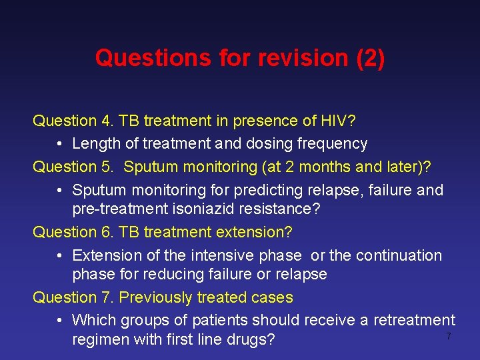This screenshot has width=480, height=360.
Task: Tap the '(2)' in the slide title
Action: pos(371,58)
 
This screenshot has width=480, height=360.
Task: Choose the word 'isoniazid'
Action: pos(201,209)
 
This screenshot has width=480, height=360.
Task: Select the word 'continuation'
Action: pos(398,255)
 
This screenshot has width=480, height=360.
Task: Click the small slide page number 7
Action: pos(449,337)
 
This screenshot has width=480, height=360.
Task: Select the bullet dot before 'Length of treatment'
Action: pos(60,144)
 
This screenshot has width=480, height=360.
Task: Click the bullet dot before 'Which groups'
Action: pos(60,321)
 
